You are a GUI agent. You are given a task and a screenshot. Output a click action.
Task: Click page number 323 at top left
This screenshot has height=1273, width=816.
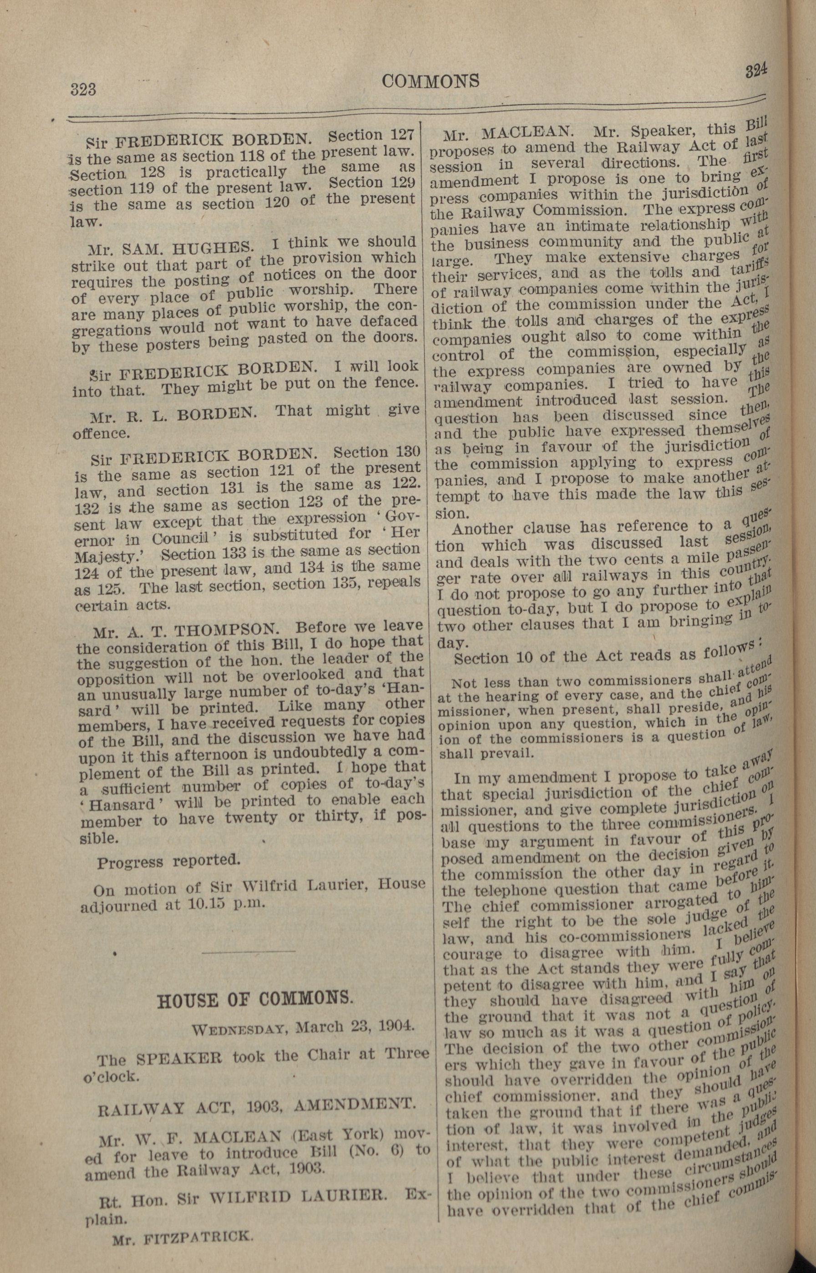click(x=84, y=90)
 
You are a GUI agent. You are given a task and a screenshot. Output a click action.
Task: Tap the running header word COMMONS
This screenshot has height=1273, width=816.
click(x=430, y=81)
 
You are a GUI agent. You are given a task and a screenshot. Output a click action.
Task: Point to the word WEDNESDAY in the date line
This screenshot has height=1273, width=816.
click(x=239, y=1030)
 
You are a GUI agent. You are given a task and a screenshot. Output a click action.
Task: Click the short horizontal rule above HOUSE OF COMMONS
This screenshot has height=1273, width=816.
click(x=248, y=952)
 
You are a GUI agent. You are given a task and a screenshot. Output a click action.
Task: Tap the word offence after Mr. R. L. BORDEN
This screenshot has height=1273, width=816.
click(x=101, y=433)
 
